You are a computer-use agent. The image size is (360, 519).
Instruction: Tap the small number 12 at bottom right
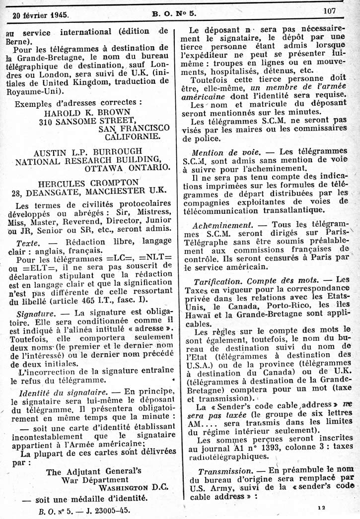323,508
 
